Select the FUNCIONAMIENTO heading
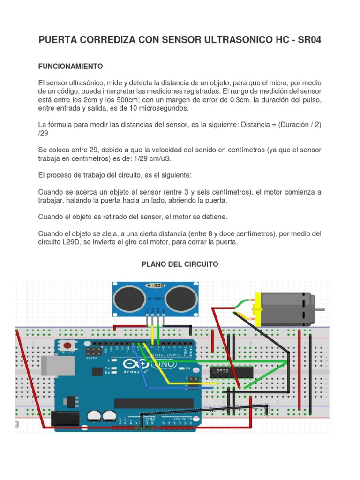(70, 67)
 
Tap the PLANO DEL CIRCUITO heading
(180, 264)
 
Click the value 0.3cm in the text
(265, 100)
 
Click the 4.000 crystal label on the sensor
(156, 285)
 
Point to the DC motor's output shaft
(320, 309)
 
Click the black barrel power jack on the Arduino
(63, 418)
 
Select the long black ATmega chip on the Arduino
(154, 403)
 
